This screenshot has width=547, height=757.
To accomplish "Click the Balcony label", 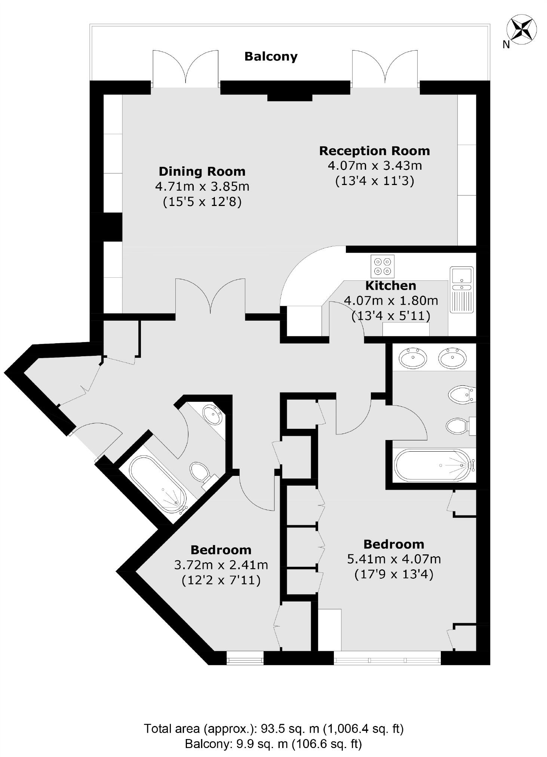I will pyautogui.click(x=271, y=56).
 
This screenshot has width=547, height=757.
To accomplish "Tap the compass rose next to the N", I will pyautogui.click(x=521, y=29).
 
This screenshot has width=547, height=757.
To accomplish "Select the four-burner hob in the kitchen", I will pyautogui.click(x=382, y=266).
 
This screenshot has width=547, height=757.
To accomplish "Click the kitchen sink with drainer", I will pyautogui.click(x=461, y=289).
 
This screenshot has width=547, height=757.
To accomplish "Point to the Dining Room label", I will pyautogui.click(x=202, y=171).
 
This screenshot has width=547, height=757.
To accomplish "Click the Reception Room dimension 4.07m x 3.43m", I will pyautogui.click(x=375, y=166).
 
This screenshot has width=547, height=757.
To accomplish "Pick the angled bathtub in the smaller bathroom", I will pyautogui.click(x=157, y=484).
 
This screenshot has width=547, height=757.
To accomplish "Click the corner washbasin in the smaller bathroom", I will pyautogui.click(x=212, y=414).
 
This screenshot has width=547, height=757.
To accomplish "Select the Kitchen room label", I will pyautogui.click(x=390, y=286).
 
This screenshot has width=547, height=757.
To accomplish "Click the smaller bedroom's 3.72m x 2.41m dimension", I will pyautogui.click(x=221, y=564).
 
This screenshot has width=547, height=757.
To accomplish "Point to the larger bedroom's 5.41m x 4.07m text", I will pyautogui.click(x=394, y=559).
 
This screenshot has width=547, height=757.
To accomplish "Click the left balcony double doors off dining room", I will pyautogui.click(x=185, y=69).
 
